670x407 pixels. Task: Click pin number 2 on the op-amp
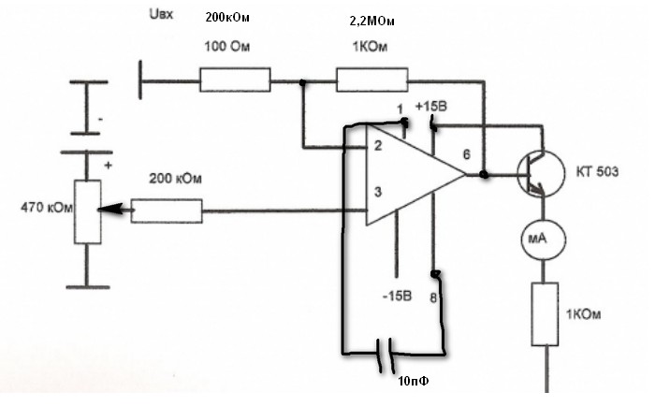(377, 146)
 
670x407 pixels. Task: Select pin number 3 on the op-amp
(377, 193)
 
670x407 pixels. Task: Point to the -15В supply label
(396, 297)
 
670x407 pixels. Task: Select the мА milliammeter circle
(537, 242)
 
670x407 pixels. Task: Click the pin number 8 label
(433, 298)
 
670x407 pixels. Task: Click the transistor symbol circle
(539, 174)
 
